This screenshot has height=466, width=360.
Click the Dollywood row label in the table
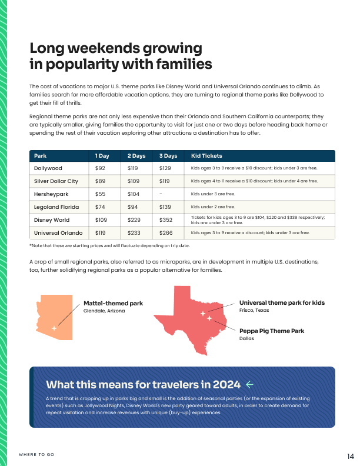point(48,168)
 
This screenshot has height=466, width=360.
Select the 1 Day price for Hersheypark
point(101,194)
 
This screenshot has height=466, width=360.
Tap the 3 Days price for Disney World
point(166,220)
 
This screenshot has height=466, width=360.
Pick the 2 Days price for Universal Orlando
point(134,233)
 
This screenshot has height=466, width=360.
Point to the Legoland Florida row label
point(56,207)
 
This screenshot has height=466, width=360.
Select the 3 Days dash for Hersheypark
point(161,194)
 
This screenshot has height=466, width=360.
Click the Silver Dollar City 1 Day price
point(101,181)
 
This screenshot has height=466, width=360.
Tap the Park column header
point(41,156)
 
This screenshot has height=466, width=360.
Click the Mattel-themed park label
point(113,304)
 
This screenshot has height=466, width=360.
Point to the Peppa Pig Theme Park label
point(272,331)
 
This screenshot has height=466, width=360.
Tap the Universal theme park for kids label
point(282,303)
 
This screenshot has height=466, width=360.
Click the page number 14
point(350,456)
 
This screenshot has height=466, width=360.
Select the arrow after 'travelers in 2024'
point(249,385)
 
